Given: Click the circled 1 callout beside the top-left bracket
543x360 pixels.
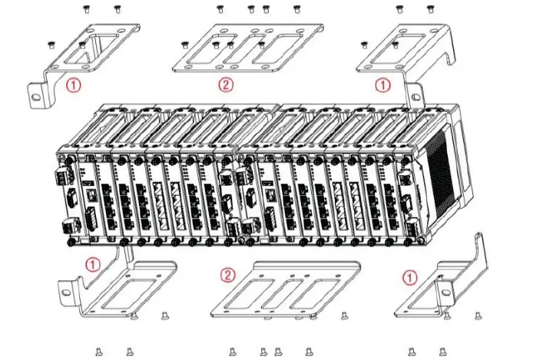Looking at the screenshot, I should pyautogui.click(x=73, y=86).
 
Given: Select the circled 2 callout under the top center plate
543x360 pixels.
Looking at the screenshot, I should pyautogui.click(x=225, y=85).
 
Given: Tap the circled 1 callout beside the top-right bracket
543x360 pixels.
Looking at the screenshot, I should pyautogui.click(x=382, y=86).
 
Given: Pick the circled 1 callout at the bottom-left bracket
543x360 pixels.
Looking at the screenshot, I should pyautogui.click(x=93, y=264).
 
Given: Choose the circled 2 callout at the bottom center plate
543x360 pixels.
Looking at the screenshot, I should pyautogui.click(x=227, y=275).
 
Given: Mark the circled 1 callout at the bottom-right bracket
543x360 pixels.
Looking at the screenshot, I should pyautogui.click(x=411, y=276).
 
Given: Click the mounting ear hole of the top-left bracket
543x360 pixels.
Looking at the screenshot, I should pyautogui.click(x=36, y=97).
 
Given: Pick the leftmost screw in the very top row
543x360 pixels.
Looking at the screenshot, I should pyautogui.click(x=86, y=9).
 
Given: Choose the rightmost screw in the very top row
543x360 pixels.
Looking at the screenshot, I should pyautogui.click(x=429, y=9).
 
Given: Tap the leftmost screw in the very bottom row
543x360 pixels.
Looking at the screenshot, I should pyautogui.click(x=99, y=352).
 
